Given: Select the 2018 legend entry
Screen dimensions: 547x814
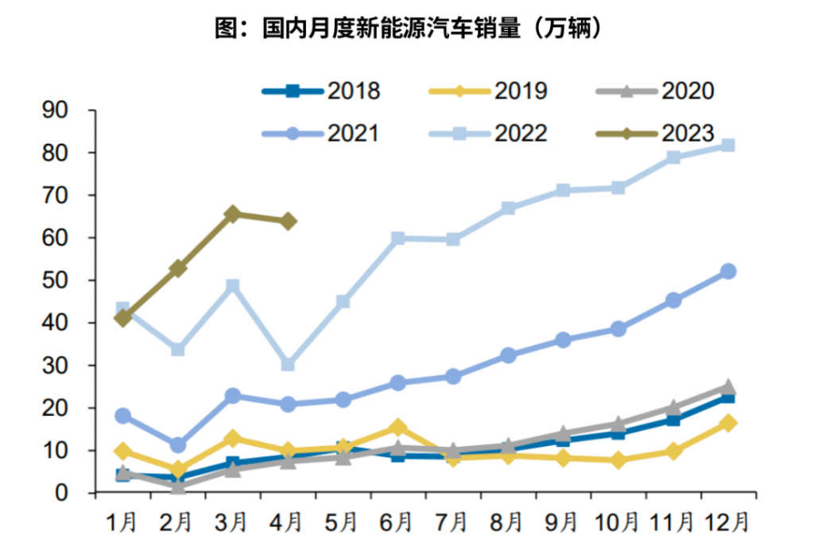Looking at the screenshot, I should click(321, 91).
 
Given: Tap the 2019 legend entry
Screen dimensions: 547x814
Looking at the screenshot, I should click(488, 91).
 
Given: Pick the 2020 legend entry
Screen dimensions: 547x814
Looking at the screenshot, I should click(655, 91).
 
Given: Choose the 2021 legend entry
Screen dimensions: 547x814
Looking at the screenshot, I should click(321, 132).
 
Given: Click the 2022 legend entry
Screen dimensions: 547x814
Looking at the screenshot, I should click(488, 132).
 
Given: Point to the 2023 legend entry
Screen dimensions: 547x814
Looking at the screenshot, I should click(655, 132).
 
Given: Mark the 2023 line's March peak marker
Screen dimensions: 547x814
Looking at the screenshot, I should click(233, 214).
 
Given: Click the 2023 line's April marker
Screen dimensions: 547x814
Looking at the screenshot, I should click(288, 221).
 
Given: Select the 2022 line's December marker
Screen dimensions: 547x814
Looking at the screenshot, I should click(727, 145).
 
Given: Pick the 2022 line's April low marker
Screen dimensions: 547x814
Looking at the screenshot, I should click(288, 365).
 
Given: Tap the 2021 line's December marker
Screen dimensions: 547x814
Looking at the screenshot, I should click(727, 271).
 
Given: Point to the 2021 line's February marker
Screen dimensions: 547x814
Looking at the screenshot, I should click(178, 445).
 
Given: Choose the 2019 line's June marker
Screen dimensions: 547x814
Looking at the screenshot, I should click(397, 429).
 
